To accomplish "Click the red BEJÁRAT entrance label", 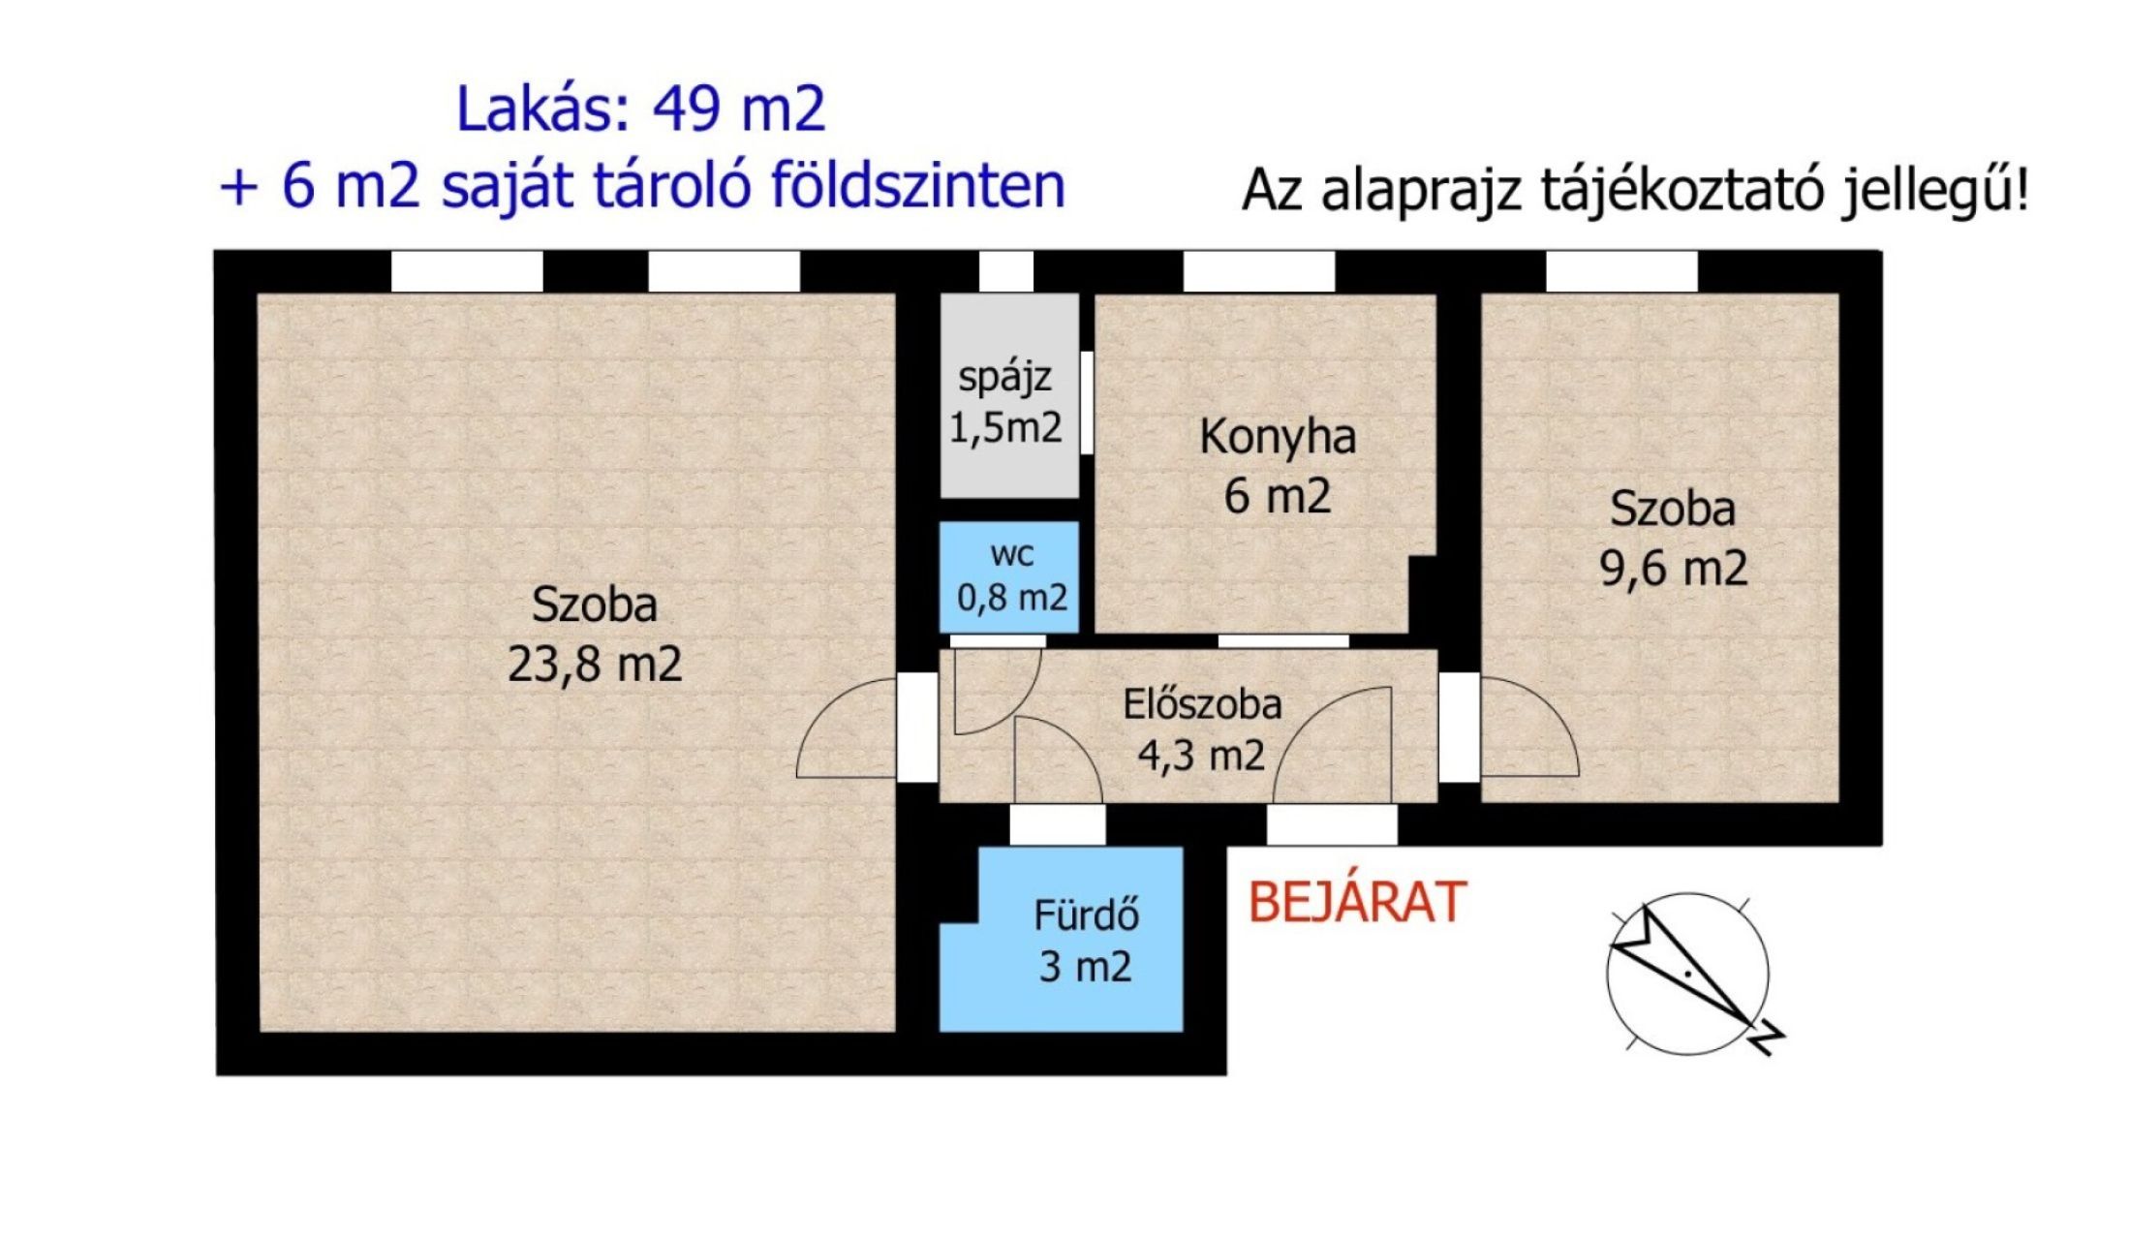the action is tap(1356, 901).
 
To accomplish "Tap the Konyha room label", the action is tap(1278, 437).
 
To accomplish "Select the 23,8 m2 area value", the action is tap(595, 665).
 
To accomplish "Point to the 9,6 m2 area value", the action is tap(1673, 568).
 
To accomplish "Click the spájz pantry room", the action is tap(1009, 395).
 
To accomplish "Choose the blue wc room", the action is tap(1009, 577).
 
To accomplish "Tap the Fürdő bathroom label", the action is tap(1086, 915).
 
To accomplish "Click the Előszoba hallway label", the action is tap(1202, 704).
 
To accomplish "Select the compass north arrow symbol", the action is tap(1687, 974).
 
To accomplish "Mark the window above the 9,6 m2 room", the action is tap(1621, 271).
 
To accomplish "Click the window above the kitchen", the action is tap(1258, 271).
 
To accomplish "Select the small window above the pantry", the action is tap(1005, 271).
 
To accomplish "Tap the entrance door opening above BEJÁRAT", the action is tap(1332, 826).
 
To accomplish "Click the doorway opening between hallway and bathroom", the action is tap(1058, 826).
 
